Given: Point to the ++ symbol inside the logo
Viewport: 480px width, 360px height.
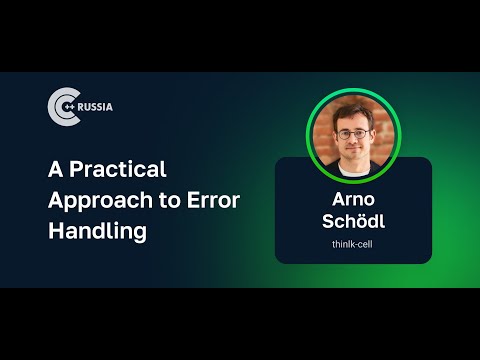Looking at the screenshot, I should pyautogui.click(x=68, y=107).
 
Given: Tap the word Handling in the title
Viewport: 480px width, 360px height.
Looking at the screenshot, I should pyautogui.click(x=98, y=231).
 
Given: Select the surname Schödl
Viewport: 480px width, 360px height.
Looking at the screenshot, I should pyautogui.click(x=353, y=220).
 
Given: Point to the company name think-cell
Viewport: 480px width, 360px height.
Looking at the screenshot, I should pyautogui.click(x=353, y=243).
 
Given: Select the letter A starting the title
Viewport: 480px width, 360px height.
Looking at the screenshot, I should pyautogui.click(x=56, y=168).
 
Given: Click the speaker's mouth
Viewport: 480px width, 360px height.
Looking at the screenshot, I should pyautogui.click(x=353, y=150).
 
